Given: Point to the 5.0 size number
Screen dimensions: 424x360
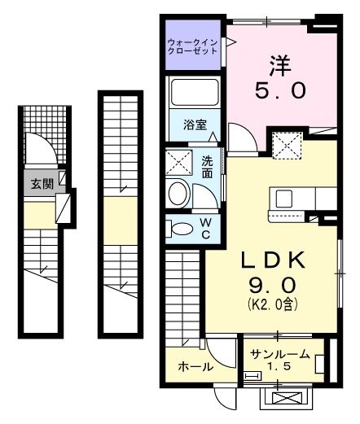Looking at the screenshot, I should (x=282, y=90).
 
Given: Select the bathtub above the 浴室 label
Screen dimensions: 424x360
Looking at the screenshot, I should (x=194, y=97).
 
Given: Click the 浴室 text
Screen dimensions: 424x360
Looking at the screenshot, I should (x=194, y=125).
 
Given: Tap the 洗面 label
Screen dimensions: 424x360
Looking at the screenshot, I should (x=208, y=167).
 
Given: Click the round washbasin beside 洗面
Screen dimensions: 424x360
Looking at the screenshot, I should (x=178, y=194).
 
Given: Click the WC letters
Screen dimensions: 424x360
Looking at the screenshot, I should (x=206, y=229).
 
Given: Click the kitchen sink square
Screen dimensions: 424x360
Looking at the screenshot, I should (x=285, y=199).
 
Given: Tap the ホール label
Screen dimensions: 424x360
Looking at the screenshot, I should (x=195, y=367).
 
